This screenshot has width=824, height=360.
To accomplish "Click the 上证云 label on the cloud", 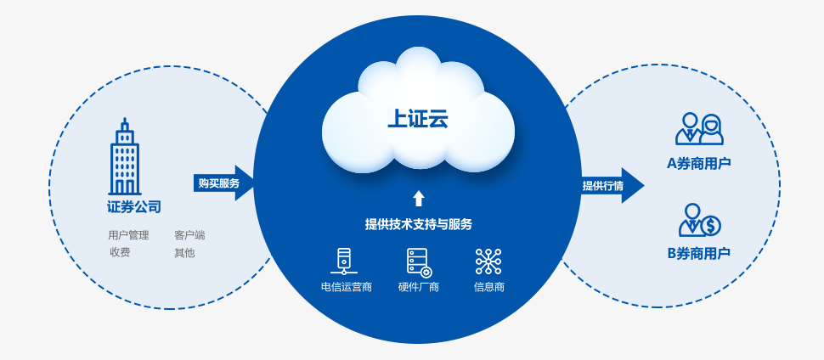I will tap(417, 119).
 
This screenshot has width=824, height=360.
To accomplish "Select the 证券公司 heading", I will tap(134, 206).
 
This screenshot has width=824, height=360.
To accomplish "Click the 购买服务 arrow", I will tap(223, 183).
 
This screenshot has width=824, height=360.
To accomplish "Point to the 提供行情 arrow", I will tap(610, 186).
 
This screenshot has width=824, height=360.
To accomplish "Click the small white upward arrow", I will tap(418, 199).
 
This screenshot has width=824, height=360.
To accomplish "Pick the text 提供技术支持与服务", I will tap(418, 224).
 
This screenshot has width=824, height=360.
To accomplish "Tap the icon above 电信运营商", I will tap(344, 261).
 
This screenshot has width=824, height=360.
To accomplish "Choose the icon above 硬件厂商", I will tap(419, 262).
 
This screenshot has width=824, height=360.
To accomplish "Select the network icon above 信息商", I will tap(488, 261).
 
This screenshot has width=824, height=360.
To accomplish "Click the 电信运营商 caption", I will tap(347, 287).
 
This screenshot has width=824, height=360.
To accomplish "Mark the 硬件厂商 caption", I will tap(419, 287).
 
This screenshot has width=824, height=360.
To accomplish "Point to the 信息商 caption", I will tap(489, 287).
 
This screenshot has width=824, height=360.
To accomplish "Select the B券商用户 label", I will tap(699, 253).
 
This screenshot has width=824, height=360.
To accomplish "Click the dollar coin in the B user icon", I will tap(710, 225).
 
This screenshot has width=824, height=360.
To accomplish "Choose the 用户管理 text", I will tap(128, 235).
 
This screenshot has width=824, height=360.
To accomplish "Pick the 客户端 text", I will tap(189, 235).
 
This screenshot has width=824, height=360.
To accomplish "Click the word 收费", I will tap(120, 252).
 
